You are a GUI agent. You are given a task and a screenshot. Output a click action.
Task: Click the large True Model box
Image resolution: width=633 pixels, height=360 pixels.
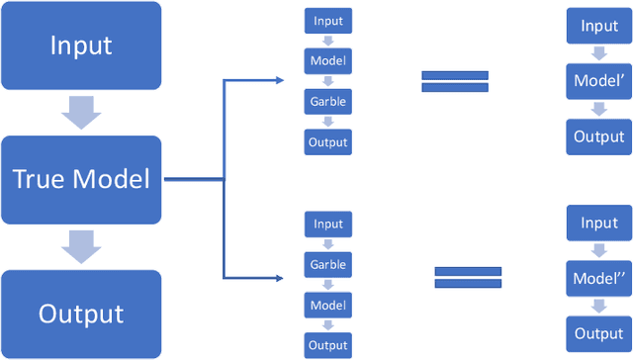click(x=81, y=179)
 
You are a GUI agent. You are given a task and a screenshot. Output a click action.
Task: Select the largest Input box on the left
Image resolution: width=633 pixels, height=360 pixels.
click(x=81, y=45)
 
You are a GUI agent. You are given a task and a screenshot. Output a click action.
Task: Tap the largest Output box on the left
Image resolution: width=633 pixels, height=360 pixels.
click(x=81, y=314)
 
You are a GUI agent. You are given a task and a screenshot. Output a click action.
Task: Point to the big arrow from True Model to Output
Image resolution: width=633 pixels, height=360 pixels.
click(x=81, y=246)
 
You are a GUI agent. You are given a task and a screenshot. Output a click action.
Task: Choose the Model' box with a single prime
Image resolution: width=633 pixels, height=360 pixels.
click(x=599, y=81)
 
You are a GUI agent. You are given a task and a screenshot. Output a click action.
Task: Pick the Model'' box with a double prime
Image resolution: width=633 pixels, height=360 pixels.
click(x=599, y=278)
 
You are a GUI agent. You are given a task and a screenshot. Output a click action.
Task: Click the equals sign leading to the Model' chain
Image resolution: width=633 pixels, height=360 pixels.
click(x=455, y=81)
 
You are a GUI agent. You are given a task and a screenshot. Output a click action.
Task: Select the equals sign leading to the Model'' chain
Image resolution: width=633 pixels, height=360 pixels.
click(x=468, y=278)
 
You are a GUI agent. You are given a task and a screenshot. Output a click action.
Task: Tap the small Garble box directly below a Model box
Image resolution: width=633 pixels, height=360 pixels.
click(x=328, y=102)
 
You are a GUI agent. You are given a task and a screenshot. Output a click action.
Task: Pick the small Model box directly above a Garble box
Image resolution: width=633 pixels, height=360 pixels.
click(x=328, y=61)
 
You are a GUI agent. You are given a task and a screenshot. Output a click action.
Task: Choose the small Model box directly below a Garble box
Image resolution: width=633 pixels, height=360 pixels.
click(x=328, y=306)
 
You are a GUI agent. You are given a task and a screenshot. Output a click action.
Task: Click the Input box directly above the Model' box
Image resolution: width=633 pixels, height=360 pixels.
click(x=599, y=27)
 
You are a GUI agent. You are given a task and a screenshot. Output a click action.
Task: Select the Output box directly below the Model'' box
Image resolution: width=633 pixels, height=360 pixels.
click(x=599, y=333)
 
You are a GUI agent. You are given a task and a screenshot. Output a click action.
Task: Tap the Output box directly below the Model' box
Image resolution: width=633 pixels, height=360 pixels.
click(x=599, y=136)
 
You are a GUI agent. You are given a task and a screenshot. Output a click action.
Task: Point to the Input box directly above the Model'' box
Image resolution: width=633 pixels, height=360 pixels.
click(x=599, y=224)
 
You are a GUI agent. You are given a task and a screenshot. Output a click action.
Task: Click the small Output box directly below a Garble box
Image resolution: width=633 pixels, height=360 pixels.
click(x=328, y=142)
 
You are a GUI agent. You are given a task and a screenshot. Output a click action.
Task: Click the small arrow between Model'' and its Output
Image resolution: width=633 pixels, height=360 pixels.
click(x=599, y=307)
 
